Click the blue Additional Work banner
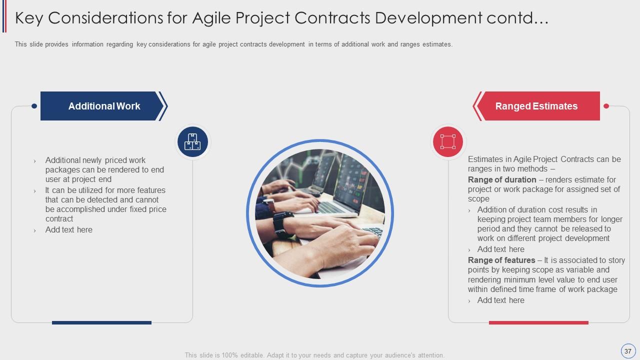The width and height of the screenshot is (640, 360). (103, 106)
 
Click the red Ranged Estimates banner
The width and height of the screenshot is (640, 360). (536, 106)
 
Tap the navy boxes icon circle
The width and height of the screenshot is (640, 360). (192, 141)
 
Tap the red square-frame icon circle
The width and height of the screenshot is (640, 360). (447, 141)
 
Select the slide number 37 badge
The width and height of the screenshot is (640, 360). (627, 351)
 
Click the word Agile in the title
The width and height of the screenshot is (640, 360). (211, 17)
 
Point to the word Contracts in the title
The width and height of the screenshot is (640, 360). (332, 17)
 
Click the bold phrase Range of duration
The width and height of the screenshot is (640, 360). (502, 179)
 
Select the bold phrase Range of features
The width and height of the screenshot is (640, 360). (501, 260)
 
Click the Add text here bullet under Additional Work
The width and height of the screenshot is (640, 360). (69, 229)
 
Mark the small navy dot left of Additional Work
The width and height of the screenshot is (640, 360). (34, 106)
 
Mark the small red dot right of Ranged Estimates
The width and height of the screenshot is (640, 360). (606, 106)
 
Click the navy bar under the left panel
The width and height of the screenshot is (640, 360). (101, 322)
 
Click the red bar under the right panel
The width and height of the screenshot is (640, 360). (538, 322)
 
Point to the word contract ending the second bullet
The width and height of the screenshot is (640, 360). (59, 219)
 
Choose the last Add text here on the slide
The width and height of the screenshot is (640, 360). (501, 300)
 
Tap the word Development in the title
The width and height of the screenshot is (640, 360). (428, 18)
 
